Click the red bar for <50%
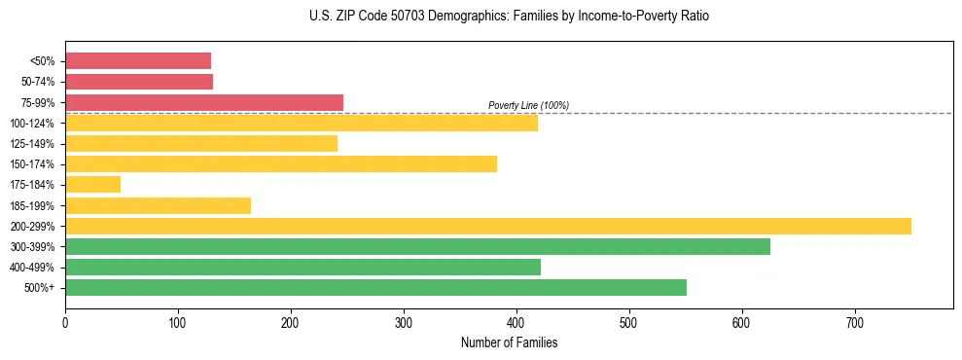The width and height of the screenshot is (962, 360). [x=138, y=60]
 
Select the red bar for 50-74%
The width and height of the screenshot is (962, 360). [x=139, y=82]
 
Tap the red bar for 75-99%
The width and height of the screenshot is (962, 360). [x=204, y=102]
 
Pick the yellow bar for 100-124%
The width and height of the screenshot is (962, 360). [x=302, y=123]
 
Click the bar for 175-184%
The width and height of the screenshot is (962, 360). [x=92, y=184]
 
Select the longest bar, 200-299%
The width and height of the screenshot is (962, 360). [x=488, y=226]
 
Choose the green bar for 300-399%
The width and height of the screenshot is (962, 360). [x=417, y=246]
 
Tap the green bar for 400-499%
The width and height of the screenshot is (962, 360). [x=303, y=267]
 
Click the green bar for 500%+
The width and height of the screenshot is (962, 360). [x=375, y=287]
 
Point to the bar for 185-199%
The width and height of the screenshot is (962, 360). [x=158, y=205]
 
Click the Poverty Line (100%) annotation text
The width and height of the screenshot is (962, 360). [x=528, y=105]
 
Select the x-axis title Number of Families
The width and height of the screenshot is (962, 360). [x=509, y=342]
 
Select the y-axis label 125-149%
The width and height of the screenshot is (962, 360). [x=32, y=144]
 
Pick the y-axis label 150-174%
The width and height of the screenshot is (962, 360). [x=32, y=164]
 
